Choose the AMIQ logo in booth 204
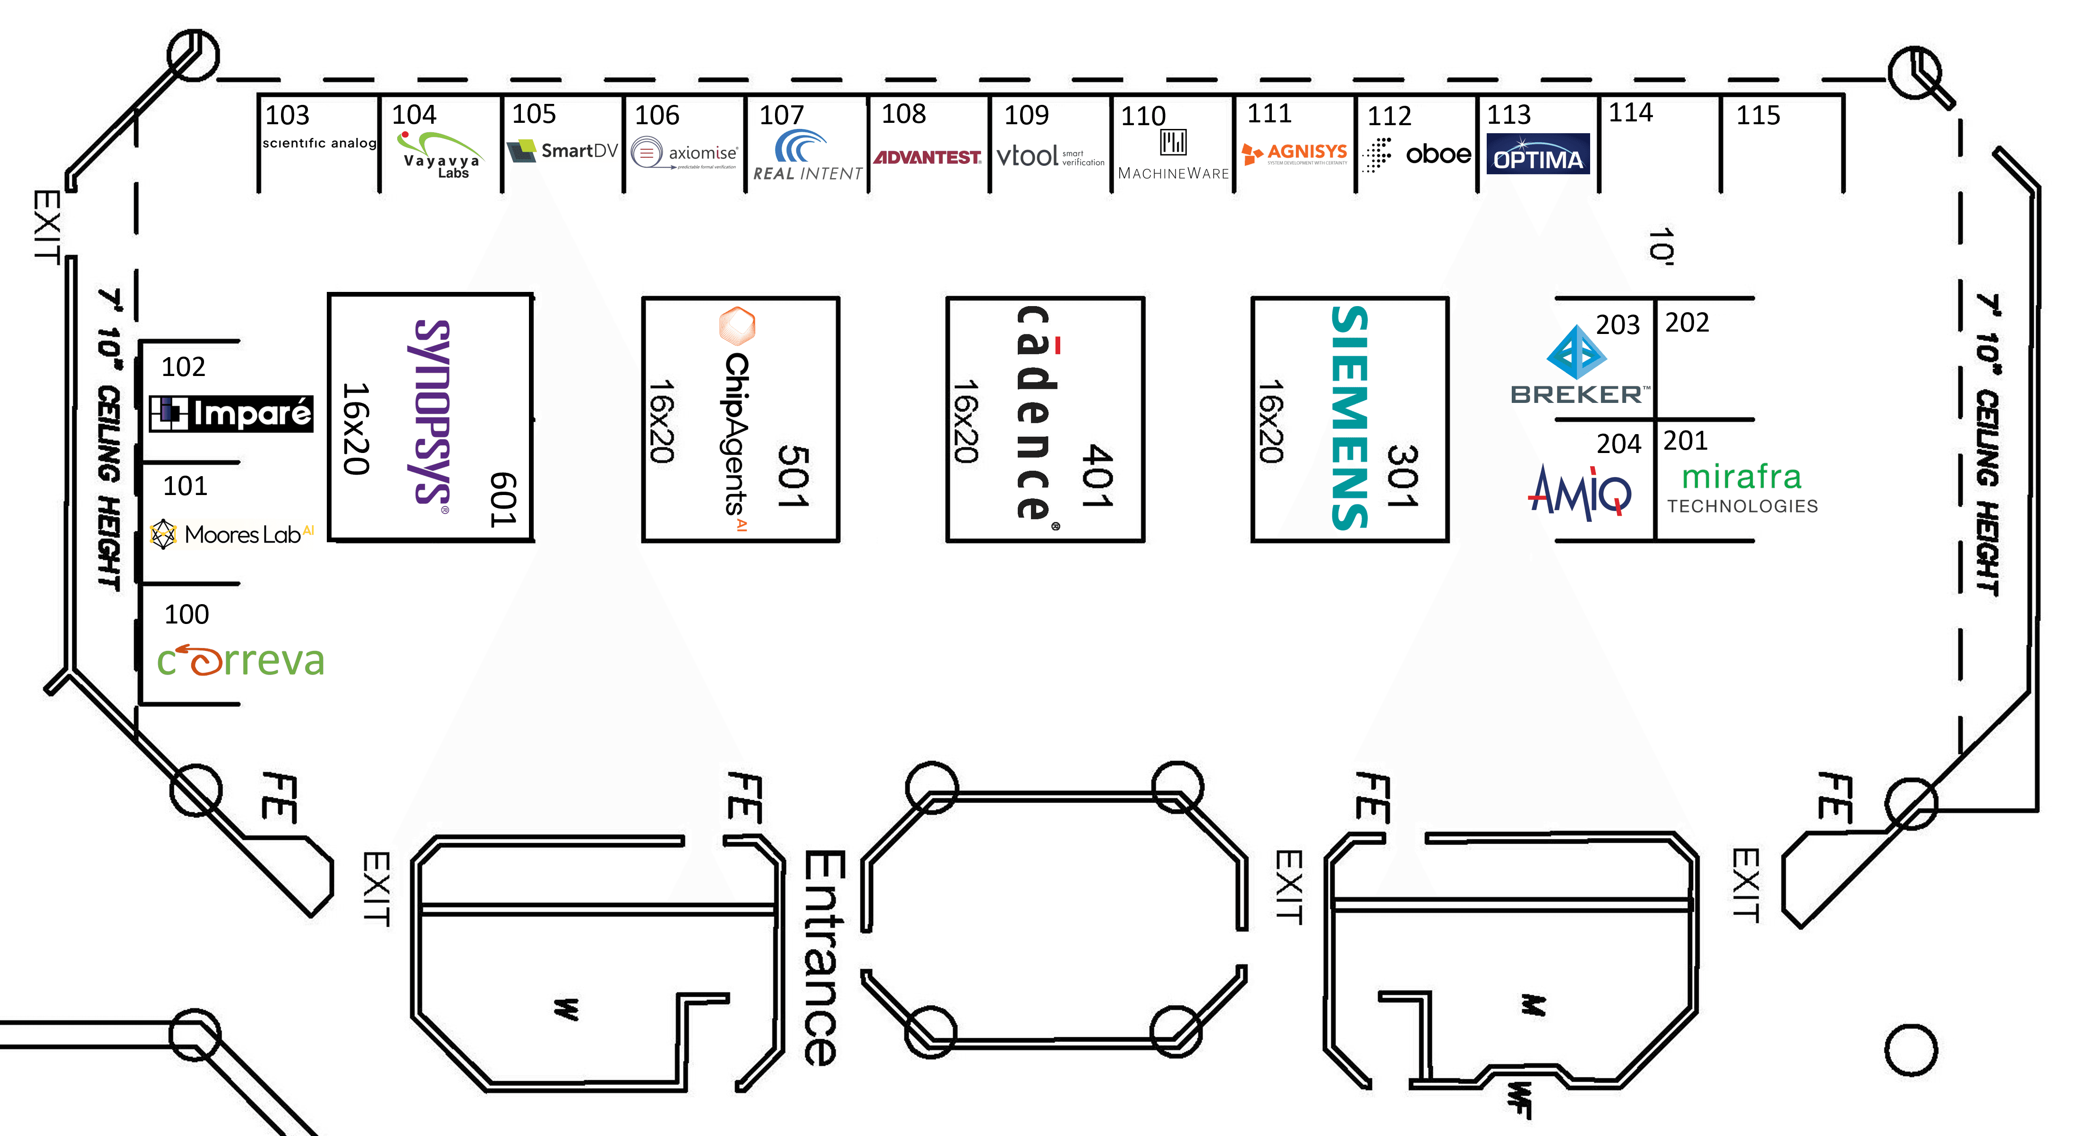(x=1579, y=492)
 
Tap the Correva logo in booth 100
(x=240, y=660)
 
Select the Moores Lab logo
(x=233, y=534)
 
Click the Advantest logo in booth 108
(x=928, y=157)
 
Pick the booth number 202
(x=1687, y=323)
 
